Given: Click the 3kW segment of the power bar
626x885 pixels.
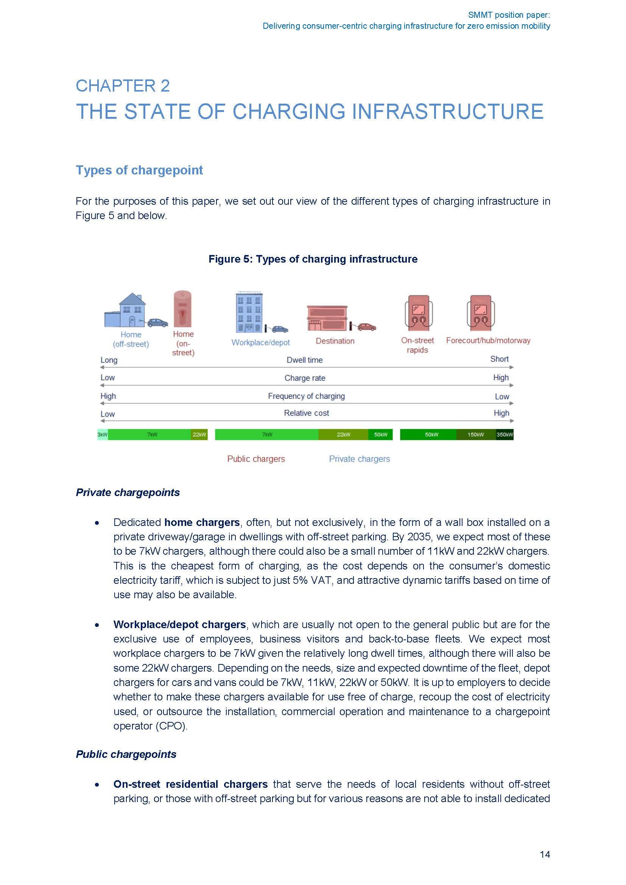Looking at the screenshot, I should point(103,434).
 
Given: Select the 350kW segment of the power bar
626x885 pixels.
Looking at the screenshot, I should point(505,434).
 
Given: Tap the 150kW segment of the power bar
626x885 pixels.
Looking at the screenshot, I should point(476,434).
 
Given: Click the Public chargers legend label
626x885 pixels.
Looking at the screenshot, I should point(256,459).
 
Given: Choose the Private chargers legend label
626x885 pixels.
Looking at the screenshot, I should point(359,459).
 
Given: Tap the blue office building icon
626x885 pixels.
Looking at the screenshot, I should point(249,312).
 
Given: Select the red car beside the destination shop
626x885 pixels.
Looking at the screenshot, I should point(367,327).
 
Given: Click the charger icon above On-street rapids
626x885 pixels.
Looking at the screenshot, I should point(418,313).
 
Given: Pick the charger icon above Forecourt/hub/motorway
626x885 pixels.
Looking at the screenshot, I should point(480,313).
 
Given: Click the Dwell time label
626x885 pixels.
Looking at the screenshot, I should point(305,360).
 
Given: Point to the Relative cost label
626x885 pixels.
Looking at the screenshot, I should point(307,413).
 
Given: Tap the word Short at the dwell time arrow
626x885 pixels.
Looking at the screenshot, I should point(499,359).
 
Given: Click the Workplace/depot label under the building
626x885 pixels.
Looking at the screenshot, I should point(260,342).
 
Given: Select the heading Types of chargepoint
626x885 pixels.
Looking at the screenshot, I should point(139,170).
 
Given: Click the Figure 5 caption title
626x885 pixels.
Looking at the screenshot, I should point(313,259).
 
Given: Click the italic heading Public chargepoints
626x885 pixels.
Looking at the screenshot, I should point(126,754).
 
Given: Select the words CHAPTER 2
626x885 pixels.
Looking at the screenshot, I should point(123,86).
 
